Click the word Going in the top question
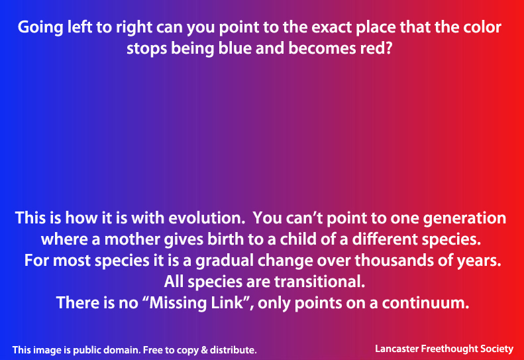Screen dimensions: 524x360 coord(40,28)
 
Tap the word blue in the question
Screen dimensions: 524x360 coord(235,48)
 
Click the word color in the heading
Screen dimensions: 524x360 coord(482,27)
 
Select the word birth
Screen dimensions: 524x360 coord(226,239)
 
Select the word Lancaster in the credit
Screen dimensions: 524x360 coord(396,349)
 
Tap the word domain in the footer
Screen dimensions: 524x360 coord(123,350)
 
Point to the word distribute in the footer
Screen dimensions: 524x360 coord(233,350)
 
